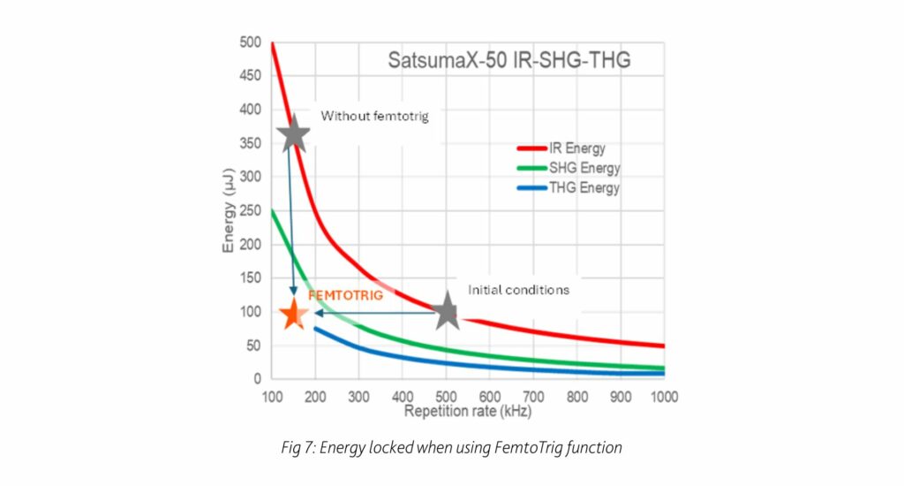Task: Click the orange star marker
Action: tap(293, 313)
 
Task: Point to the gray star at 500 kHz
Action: tap(447, 312)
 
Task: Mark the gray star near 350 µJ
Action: tap(293, 134)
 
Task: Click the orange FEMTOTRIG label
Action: tap(345, 296)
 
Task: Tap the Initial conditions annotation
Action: tap(518, 290)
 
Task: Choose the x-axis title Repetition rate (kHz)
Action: tap(468, 411)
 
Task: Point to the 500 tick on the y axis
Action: tap(251, 42)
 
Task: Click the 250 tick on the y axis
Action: tap(251, 210)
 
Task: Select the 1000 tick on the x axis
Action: tap(663, 397)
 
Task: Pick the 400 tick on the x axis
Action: tap(402, 397)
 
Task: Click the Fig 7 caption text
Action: tap(451, 448)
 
